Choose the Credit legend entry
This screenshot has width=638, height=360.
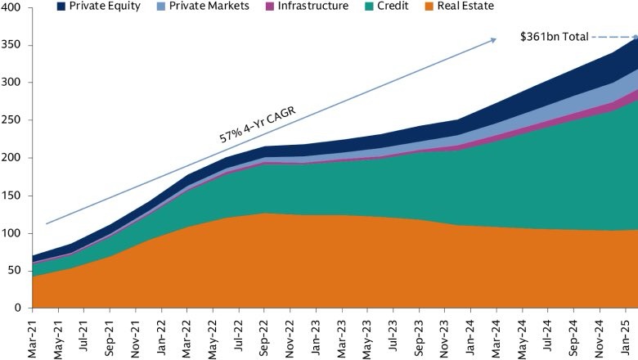click(x=384, y=7)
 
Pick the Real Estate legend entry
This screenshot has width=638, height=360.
click(x=461, y=7)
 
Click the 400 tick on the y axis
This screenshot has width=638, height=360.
click(x=16, y=7)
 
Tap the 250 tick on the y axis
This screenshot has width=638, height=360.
click(x=16, y=120)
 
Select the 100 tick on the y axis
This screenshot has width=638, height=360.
click(x=16, y=233)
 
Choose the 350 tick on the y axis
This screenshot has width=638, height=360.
click(x=16, y=45)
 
